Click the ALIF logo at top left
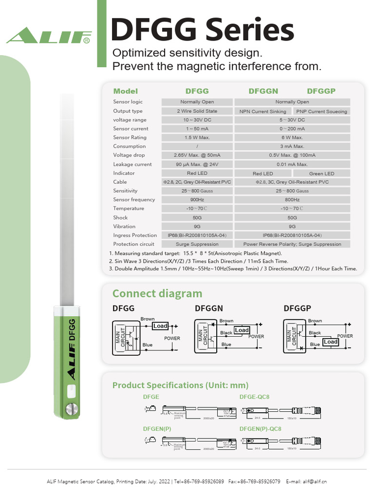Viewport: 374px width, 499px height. (x=49, y=36)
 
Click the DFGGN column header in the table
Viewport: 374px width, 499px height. (x=263, y=91)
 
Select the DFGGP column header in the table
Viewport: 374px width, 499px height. (x=321, y=91)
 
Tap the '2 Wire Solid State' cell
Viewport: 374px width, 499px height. (x=197, y=111)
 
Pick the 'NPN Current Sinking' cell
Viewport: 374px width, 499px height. (x=263, y=112)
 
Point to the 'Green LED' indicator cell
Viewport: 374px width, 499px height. (x=321, y=173)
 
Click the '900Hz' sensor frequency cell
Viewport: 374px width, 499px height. (x=197, y=200)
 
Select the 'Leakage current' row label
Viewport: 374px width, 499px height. (x=132, y=165)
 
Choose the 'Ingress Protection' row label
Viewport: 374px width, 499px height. (x=135, y=235)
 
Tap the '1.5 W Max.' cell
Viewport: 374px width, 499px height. (x=197, y=138)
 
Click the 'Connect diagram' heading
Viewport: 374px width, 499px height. (x=157, y=293)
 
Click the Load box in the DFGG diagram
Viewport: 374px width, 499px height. (x=160, y=326)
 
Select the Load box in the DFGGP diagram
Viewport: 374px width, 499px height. (x=331, y=342)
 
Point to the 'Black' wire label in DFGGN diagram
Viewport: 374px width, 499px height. (x=226, y=333)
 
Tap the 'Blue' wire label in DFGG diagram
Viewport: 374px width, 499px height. (x=147, y=345)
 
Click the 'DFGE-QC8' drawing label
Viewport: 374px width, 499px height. (x=254, y=397)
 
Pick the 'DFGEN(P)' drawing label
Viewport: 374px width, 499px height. (x=157, y=429)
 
